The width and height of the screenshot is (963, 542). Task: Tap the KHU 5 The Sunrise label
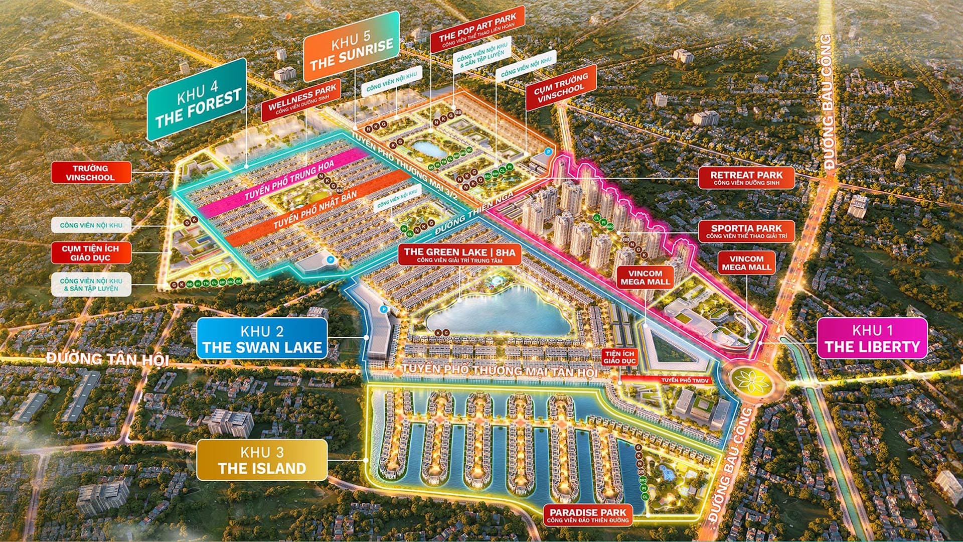coord(351,50)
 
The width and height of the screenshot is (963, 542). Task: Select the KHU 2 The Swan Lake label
coord(262,339)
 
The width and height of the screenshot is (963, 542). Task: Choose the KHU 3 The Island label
coord(262,460)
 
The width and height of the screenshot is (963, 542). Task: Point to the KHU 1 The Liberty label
coord(872,339)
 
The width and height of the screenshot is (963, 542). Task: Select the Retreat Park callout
coord(746,178)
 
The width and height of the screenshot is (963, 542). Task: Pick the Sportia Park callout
coord(746,231)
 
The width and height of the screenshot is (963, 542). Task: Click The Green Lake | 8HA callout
coord(459,254)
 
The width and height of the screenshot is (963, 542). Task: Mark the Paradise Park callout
coord(588,515)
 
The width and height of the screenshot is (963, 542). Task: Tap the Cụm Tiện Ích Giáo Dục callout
coord(90,253)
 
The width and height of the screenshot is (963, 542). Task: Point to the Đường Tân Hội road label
coord(107,359)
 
